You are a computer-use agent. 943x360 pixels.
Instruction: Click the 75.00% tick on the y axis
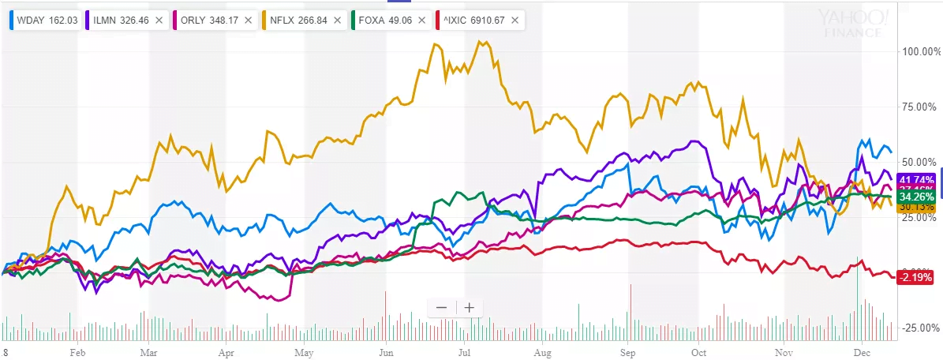pos(918,107)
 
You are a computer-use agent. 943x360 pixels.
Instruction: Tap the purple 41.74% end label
pos(915,179)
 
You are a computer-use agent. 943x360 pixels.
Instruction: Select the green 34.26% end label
pos(915,196)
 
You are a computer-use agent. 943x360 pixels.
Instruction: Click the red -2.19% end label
pos(915,277)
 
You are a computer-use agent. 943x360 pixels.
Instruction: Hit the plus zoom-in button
pos(469,308)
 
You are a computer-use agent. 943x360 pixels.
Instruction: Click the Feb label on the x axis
pos(77,352)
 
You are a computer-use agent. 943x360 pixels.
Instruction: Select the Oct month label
pos(698,352)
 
